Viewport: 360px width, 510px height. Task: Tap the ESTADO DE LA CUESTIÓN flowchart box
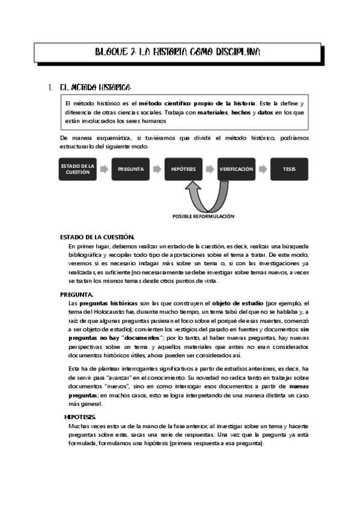click(78, 169)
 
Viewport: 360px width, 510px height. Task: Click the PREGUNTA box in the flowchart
click(130, 169)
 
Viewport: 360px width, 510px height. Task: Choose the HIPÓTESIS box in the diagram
click(183, 169)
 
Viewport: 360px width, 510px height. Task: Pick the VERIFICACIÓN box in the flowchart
click(236, 169)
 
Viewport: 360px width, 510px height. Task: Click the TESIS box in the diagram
click(289, 169)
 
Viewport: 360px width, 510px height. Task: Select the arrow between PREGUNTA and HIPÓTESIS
click(157, 169)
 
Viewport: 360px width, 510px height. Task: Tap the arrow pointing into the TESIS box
click(263, 169)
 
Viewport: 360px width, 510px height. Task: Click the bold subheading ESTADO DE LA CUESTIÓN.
click(97, 238)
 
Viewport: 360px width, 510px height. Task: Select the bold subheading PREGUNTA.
click(76, 295)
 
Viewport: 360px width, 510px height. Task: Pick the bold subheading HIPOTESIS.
click(80, 417)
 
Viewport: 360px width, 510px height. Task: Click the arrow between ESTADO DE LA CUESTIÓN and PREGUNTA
click(104, 169)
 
